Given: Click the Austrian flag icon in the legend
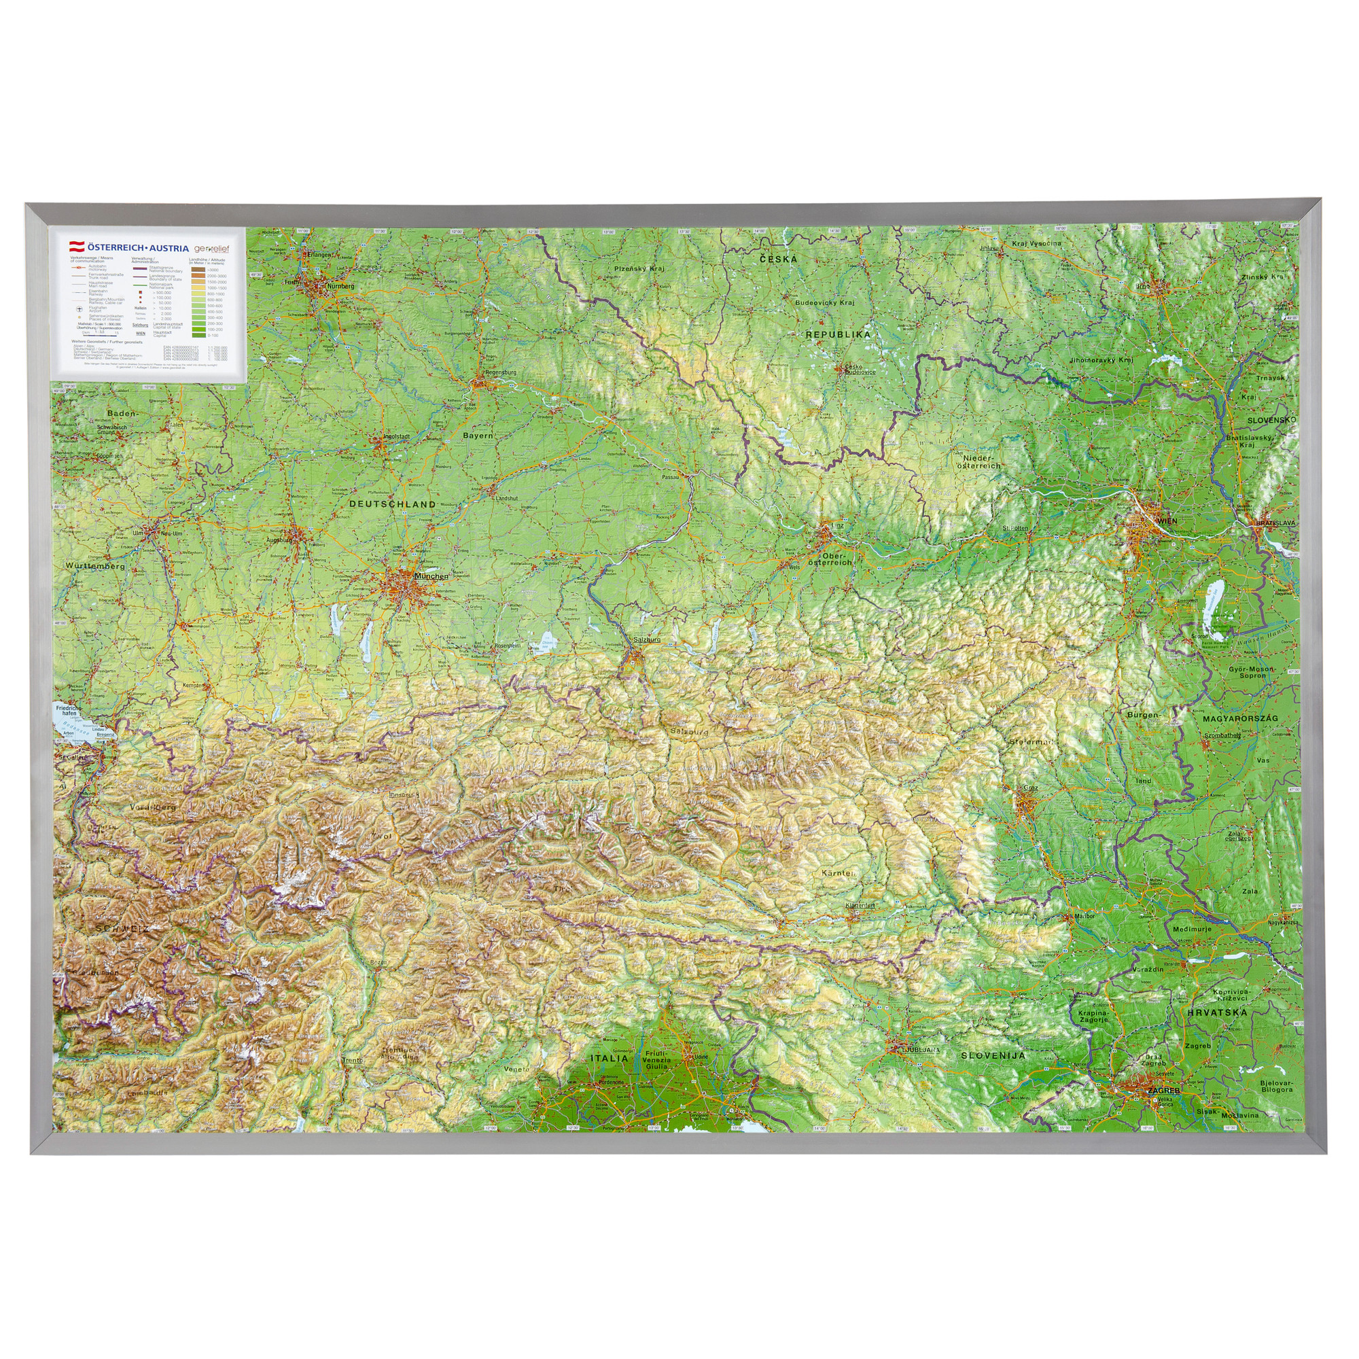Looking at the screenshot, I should (75, 247).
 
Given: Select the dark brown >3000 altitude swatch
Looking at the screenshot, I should (198, 269).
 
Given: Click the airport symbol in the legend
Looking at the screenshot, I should (80, 308).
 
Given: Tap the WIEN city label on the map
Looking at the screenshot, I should (1165, 520).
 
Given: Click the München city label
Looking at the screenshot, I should (431, 576).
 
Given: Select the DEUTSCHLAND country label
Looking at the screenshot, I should (393, 504).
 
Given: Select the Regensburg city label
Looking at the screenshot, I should (501, 372).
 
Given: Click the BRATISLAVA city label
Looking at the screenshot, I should (1275, 523).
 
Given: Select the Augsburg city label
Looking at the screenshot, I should (279, 540).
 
